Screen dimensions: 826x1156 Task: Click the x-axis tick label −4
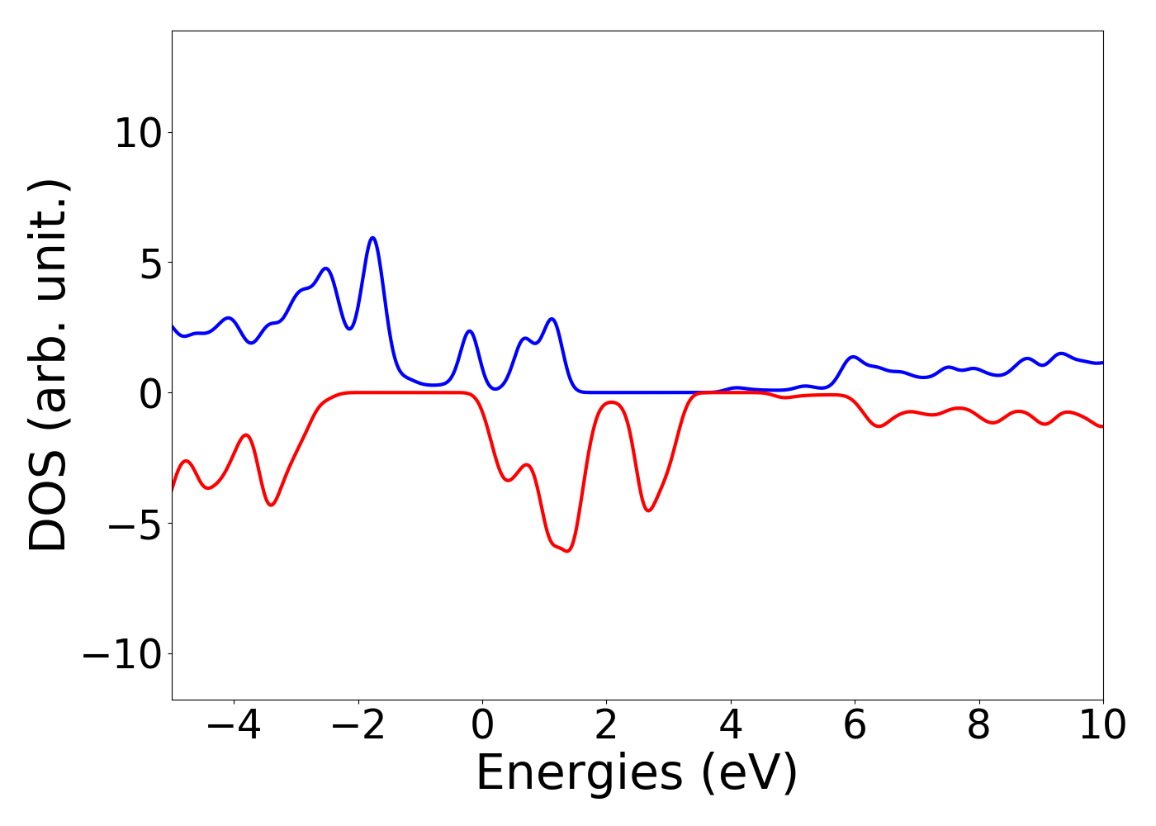(234, 726)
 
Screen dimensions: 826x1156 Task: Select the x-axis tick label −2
(358, 726)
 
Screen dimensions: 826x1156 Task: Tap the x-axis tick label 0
(482, 726)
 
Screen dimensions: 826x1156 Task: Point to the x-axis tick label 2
(606, 726)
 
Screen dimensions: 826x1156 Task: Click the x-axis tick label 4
(731, 726)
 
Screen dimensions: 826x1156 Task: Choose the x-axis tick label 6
(855, 726)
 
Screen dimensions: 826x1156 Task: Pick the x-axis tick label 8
(978, 726)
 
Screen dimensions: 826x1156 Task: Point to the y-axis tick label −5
(128, 524)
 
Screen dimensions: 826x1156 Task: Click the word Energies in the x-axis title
(579, 773)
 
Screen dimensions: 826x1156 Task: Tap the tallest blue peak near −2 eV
(373, 238)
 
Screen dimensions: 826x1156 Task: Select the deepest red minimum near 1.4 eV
(567, 551)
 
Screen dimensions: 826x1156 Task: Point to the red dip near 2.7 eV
(649, 510)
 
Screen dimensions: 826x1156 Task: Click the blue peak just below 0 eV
(469, 331)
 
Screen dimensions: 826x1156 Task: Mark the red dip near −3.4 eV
(271, 505)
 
